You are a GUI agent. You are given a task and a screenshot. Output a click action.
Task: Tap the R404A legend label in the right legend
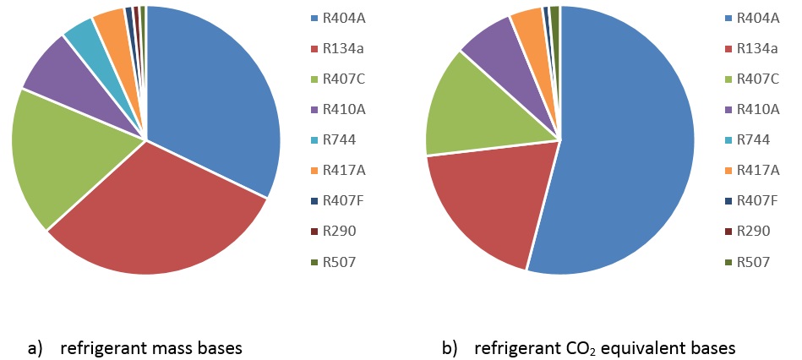pos(757,17)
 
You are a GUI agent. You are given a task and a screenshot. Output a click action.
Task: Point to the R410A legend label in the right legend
pos(757,109)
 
